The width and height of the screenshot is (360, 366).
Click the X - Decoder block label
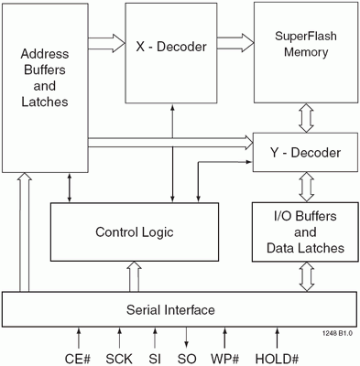click(x=171, y=47)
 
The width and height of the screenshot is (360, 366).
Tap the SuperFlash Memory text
click(x=306, y=44)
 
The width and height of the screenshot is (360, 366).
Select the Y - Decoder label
click(x=305, y=153)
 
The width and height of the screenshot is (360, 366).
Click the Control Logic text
click(x=135, y=232)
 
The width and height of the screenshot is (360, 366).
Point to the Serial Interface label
click(x=170, y=310)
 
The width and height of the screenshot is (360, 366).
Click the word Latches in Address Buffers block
click(x=45, y=102)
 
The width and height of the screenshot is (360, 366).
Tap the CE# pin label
click(x=78, y=359)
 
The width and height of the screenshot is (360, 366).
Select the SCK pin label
click(x=119, y=359)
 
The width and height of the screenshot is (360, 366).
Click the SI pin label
click(x=155, y=359)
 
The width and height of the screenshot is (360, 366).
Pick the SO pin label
click(x=187, y=359)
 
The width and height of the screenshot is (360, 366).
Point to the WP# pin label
click(x=225, y=359)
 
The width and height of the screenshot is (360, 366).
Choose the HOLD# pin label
click(x=277, y=359)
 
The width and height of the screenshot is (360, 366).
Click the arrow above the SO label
click(x=187, y=338)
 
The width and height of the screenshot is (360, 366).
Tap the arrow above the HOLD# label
click(x=278, y=338)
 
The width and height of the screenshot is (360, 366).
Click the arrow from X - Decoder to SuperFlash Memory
click(x=235, y=43)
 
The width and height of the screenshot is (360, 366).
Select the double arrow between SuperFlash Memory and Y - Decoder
click(x=306, y=118)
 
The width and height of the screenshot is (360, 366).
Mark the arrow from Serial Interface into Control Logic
click(x=134, y=276)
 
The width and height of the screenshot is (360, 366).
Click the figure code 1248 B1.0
click(x=337, y=333)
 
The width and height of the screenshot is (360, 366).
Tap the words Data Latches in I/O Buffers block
click(x=305, y=248)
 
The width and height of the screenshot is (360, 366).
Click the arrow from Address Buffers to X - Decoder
click(x=106, y=43)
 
